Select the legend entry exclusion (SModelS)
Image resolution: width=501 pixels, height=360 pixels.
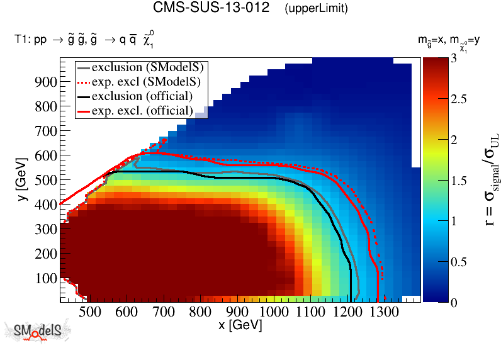pyautogui.click(x=150, y=67)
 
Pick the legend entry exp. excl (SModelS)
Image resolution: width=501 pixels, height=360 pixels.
pyautogui.click(x=145, y=81)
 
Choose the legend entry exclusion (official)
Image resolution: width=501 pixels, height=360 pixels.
pyautogui.click(x=142, y=96)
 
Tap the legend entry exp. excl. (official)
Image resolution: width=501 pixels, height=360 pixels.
pyautogui.click(x=142, y=110)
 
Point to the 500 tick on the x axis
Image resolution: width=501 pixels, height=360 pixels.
pyautogui.click(x=89, y=312)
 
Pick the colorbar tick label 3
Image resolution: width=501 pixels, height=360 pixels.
pyautogui.click(x=442, y=58)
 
